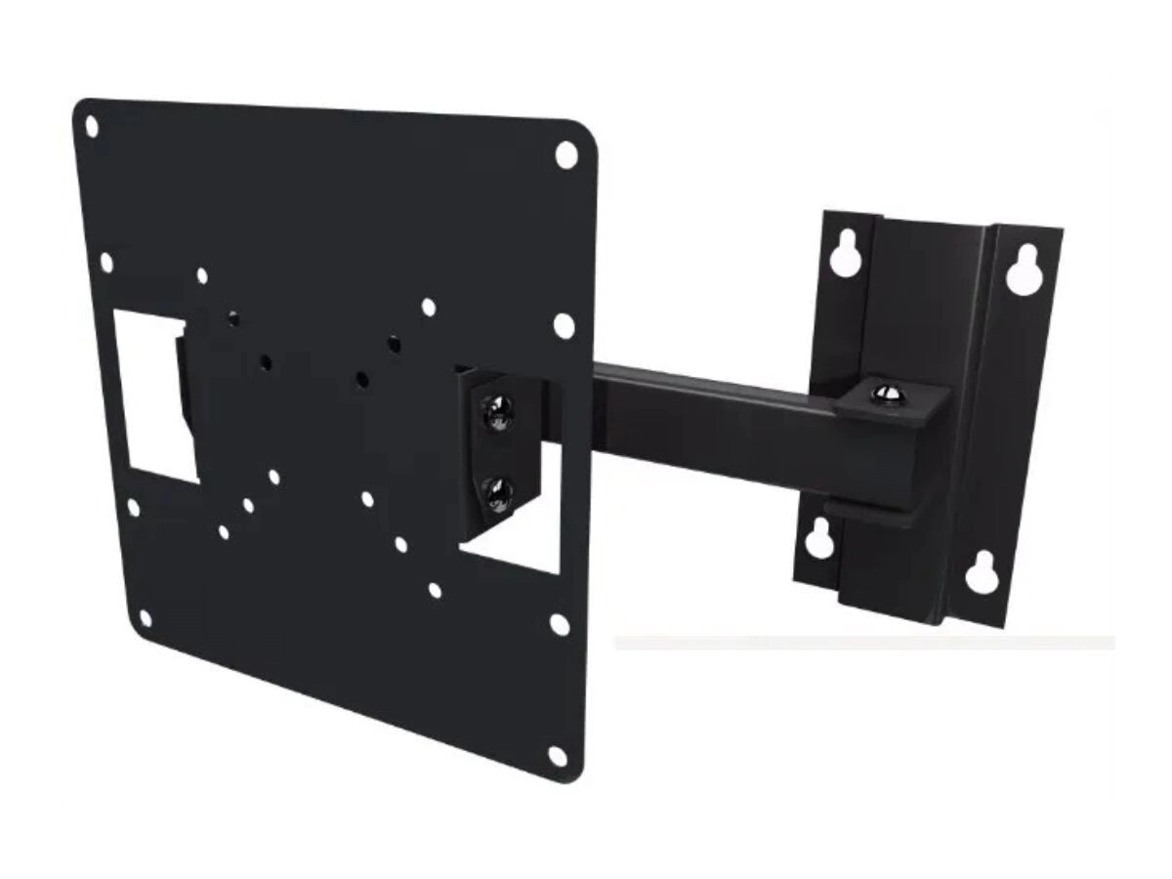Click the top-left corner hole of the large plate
pos(91,127)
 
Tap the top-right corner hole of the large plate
pos(566,153)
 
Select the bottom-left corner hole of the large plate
pos(145,618)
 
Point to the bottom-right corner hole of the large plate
pos(558,755)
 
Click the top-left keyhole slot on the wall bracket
pos(842,253)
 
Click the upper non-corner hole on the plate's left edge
pos(106,263)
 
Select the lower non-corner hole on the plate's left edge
pos(133,509)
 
